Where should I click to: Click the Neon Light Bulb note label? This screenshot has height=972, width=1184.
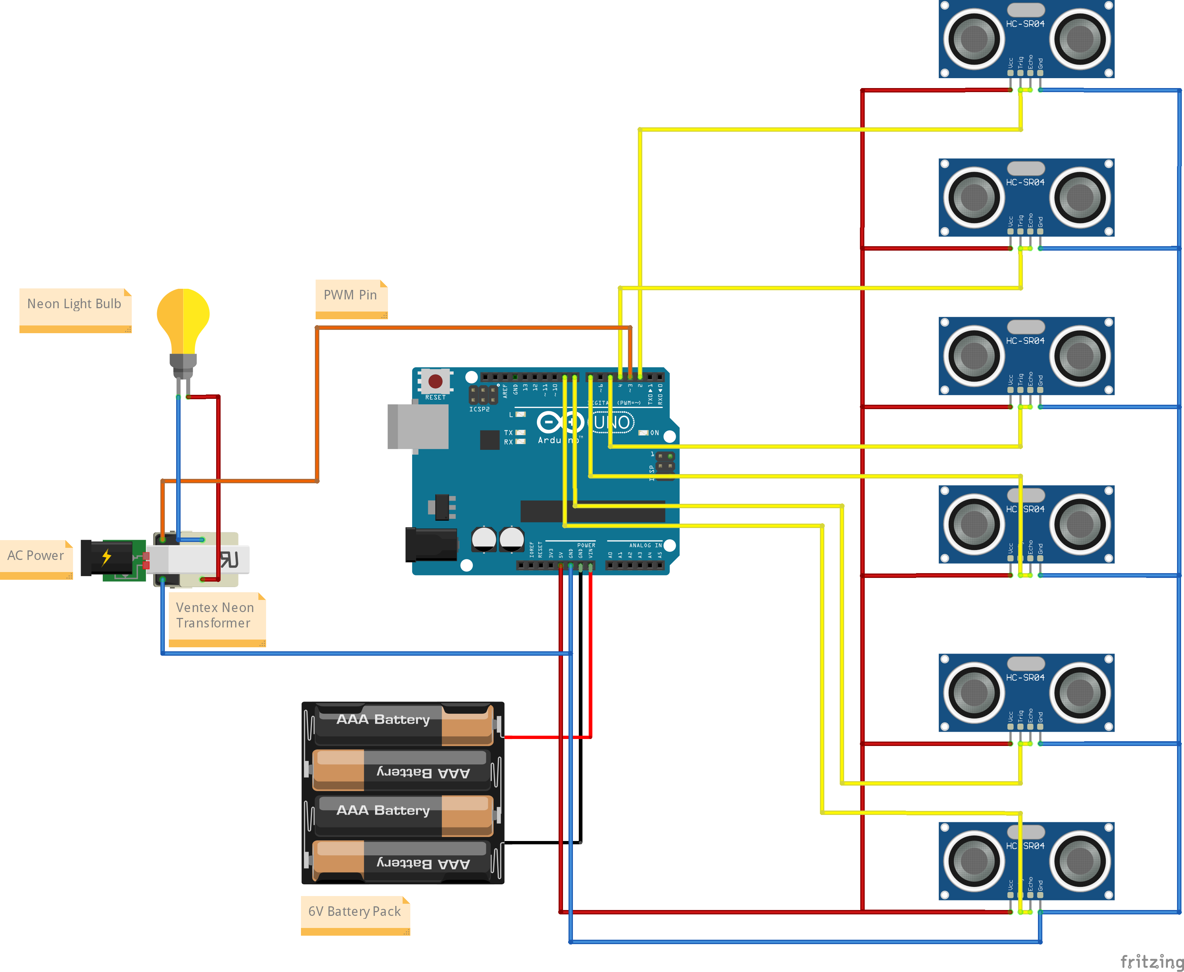(x=75, y=305)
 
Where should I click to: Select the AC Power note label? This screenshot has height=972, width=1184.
(x=35, y=556)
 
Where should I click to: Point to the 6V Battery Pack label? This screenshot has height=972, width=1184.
(x=355, y=911)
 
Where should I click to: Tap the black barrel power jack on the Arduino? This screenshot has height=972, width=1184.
(x=430, y=544)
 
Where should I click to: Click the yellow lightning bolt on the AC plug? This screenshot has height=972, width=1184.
(x=106, y=557)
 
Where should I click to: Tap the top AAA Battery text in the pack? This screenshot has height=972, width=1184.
(x=383, y=720)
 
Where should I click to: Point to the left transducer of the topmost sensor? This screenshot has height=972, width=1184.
(x=974, y=39)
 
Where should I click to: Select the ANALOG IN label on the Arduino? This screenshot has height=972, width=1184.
(x=645, y=545)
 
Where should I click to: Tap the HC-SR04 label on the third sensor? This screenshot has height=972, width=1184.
(x=1025, y=341)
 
